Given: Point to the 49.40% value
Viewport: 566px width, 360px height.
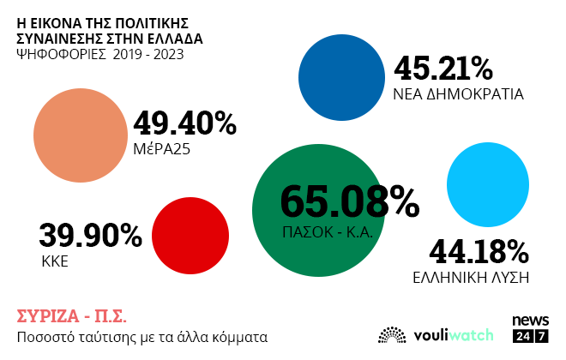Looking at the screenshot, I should click(184, 124).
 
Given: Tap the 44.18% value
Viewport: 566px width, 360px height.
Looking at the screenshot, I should click(479, 251).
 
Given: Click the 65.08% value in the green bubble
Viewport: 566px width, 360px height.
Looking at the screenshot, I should click(349, 202).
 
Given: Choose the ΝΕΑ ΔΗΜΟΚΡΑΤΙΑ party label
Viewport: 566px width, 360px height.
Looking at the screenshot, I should click(458, 93).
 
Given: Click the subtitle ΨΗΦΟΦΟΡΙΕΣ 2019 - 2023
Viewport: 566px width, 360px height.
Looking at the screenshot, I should click(99, 55).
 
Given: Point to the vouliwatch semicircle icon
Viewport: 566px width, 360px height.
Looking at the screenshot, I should click(392, 334).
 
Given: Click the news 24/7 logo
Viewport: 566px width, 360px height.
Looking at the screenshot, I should click(530, 328).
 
